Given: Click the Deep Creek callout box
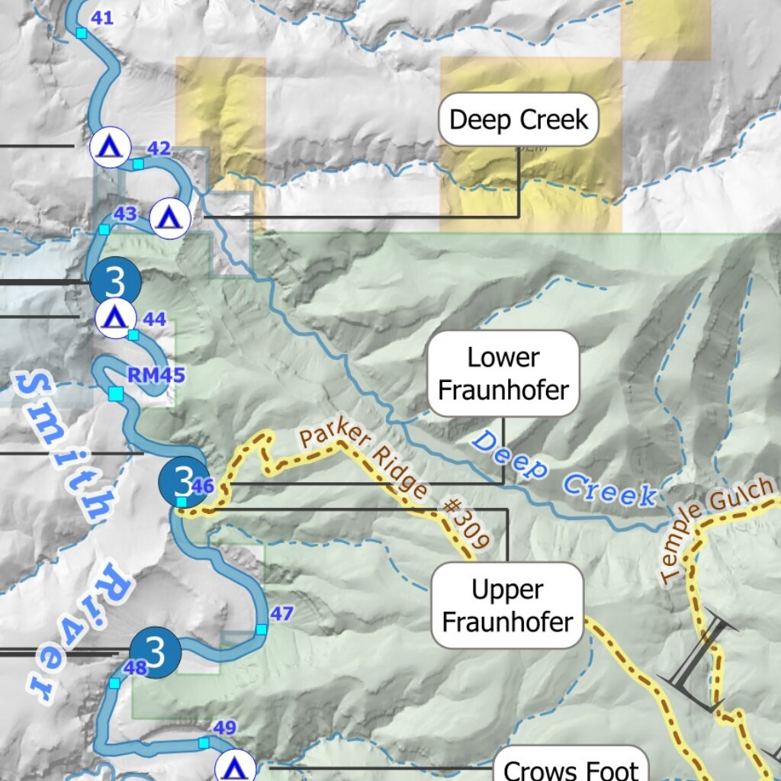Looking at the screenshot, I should click(519, 120).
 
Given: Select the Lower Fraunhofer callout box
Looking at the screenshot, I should click(503, 374).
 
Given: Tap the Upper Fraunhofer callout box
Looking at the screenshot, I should click(507, 606).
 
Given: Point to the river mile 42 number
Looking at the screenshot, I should click(158, 149).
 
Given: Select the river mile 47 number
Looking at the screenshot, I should click(281, 613).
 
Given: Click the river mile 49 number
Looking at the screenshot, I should click(224, 728).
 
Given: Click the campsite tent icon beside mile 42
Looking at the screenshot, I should click(111, 146).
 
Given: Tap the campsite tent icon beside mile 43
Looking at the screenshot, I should click(169, 219).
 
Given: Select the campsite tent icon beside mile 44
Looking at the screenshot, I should click(115, 317).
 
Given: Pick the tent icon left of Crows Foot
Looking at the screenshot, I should click(236, 767).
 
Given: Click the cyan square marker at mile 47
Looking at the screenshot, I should click(262, 629).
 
